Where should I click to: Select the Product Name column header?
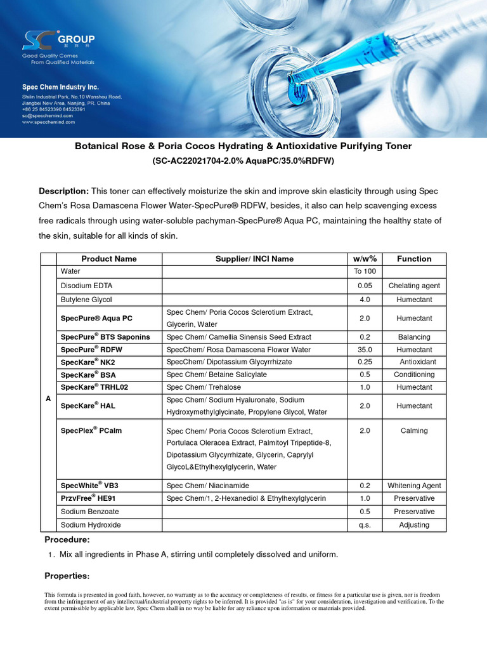point(109,259)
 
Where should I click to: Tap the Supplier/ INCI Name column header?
point(255,259)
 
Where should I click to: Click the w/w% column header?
point(365,259)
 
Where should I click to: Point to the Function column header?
point(414,259)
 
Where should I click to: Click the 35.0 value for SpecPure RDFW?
point(365,350)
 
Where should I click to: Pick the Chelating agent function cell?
point(414,286)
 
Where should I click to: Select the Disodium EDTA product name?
point(86,286)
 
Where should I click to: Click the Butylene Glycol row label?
point(86,299)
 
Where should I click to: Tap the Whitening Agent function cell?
point(414,486)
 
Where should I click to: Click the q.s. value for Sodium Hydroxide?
point(365,525)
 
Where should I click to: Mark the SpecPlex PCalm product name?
point(91,430)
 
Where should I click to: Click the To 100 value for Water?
point(365,272)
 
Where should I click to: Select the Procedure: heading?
point(67,540)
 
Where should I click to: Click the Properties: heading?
point(67,576)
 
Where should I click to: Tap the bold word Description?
point(63,191)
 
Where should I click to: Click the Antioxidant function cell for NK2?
point(414,362)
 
